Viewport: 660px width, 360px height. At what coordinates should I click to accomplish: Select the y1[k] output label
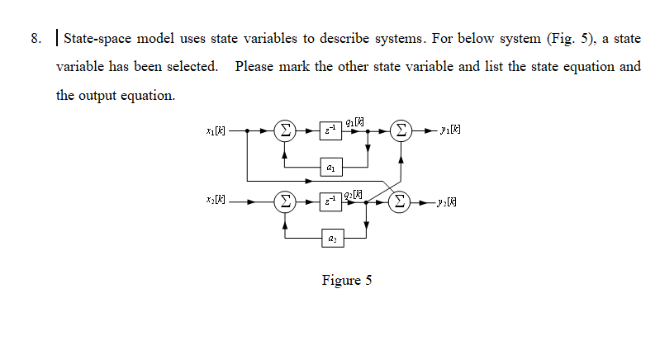pyautogui.click(x=451, y=130)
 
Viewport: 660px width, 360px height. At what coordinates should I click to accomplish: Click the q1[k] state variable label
pyautogui.click(x=357, y=121)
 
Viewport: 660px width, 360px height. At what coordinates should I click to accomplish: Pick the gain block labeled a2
pyautogui.click(x=332, y=237)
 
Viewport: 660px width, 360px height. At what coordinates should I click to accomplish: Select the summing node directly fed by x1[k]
pyautogui.click(x=284, y=130)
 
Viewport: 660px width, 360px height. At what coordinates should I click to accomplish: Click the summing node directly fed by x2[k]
pyautogui.click(x=284, y=200)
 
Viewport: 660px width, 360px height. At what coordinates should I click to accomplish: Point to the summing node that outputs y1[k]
pyautogui.click(x=401, y=130)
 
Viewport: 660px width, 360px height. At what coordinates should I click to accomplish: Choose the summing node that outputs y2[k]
pyautogui.click(x=401, y=200)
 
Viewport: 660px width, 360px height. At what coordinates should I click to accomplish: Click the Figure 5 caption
pyautogui.click(x=347, y=280)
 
